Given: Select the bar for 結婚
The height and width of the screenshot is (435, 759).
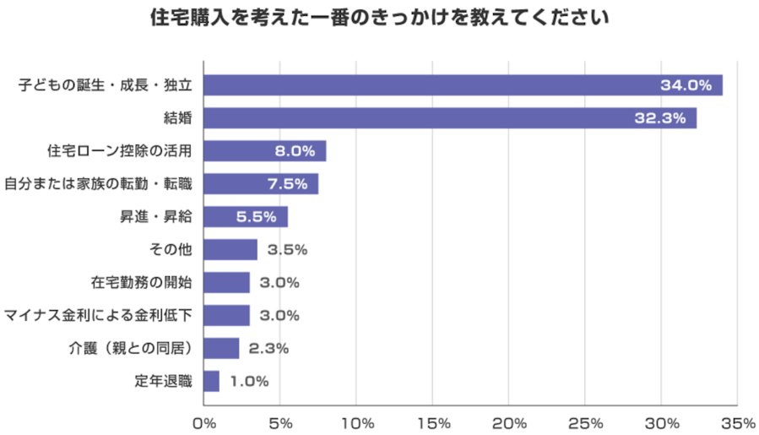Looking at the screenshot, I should click(450, 118).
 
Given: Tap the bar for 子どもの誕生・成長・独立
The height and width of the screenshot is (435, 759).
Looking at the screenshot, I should click(463, 85).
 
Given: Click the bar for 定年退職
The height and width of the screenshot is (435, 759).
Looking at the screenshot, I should click(212, 381).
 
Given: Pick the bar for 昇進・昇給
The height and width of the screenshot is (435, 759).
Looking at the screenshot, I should click(246, 217).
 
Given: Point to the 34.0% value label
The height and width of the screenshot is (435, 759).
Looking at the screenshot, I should click(687, 85).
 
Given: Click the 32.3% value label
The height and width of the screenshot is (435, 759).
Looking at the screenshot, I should click(661, 118).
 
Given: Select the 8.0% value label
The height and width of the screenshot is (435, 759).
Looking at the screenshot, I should click(295, 151).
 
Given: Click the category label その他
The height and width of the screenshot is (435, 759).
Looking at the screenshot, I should click(171, 250).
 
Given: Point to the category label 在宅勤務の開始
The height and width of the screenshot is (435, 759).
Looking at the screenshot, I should click(142, 283).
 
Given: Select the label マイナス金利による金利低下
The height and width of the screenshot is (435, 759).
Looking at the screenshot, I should click(99, 316).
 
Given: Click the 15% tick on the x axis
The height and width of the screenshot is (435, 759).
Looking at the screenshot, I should click(433, 422).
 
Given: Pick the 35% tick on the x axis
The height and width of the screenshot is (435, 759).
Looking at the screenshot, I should click(739, 422).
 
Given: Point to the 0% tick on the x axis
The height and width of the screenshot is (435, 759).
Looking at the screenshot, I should click(204, 422).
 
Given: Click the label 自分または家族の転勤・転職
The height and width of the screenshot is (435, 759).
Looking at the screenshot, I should click(99, 184).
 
